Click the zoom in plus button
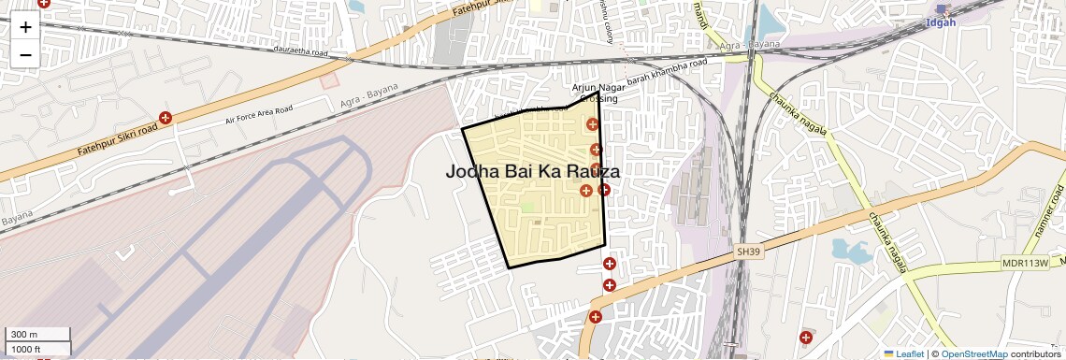[25, 27]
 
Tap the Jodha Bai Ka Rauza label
[532, 172]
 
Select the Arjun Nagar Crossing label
[598, 93]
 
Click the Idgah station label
[940, 22]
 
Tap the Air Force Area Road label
[259, 114]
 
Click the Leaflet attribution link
[904, 354]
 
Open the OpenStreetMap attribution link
[973, 354]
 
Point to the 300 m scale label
[24, 335]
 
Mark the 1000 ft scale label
[26, 349]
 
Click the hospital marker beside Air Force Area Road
[166, 118]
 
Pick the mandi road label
[699, 15]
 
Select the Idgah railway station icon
[941, 8]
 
